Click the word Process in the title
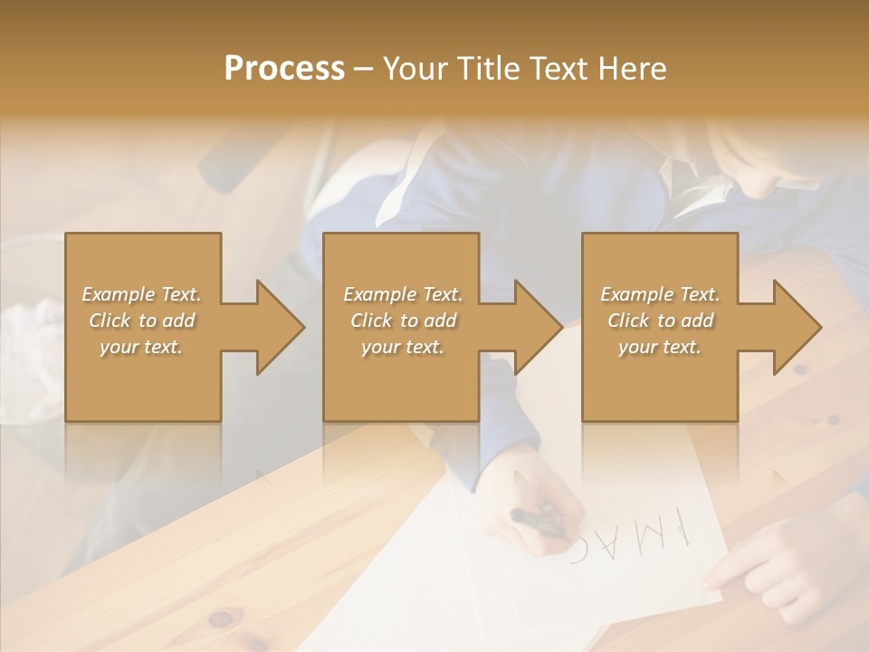[x=284, y=69]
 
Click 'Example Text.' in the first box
[x=142, y=294]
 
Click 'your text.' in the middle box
[x=403, y=347]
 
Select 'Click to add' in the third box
[x=660, y=321]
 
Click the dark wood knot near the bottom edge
[x=220, y=619]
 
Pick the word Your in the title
[x=413, y=69]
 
